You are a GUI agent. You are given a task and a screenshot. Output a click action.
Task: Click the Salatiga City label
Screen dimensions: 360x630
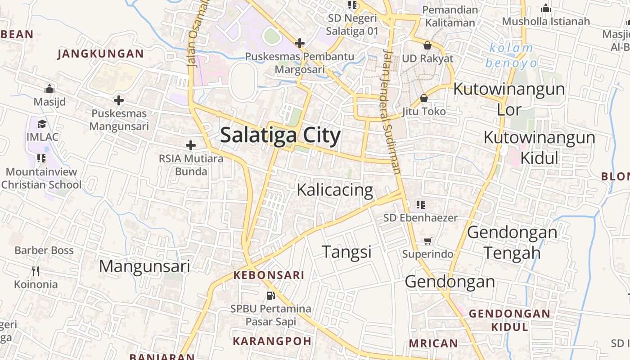280,135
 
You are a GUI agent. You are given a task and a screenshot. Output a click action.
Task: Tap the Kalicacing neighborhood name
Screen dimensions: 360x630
335,190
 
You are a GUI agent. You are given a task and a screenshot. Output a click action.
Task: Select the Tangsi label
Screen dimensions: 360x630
346,252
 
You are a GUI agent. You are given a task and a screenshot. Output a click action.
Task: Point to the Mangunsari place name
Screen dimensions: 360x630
144,266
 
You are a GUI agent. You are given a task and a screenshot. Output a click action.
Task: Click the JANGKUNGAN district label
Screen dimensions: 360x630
101,54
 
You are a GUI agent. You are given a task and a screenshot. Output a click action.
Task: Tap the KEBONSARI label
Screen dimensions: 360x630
269,275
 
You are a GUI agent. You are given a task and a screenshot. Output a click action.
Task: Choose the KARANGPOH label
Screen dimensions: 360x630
272,341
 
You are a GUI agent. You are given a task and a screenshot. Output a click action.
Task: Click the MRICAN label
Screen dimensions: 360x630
433,343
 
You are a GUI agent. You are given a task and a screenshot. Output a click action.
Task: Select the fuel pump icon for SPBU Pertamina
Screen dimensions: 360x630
270,296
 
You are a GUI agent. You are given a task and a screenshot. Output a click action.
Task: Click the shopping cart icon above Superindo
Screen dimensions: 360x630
427,241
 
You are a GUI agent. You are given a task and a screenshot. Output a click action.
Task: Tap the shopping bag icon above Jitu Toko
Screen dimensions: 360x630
423,98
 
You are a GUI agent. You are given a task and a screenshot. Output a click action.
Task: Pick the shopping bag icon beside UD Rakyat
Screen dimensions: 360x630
427,45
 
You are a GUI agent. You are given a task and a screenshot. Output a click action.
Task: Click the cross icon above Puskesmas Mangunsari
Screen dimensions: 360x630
119,100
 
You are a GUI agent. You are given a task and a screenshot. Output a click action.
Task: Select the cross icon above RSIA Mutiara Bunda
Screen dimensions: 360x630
191,145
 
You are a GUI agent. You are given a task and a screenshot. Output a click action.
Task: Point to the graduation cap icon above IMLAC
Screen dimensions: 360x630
42,124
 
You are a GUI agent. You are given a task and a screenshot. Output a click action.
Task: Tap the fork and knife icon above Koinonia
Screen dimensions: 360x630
36,271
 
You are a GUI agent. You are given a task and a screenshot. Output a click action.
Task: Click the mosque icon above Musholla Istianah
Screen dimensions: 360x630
546,8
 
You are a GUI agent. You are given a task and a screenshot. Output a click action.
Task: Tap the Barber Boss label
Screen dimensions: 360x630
44,250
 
